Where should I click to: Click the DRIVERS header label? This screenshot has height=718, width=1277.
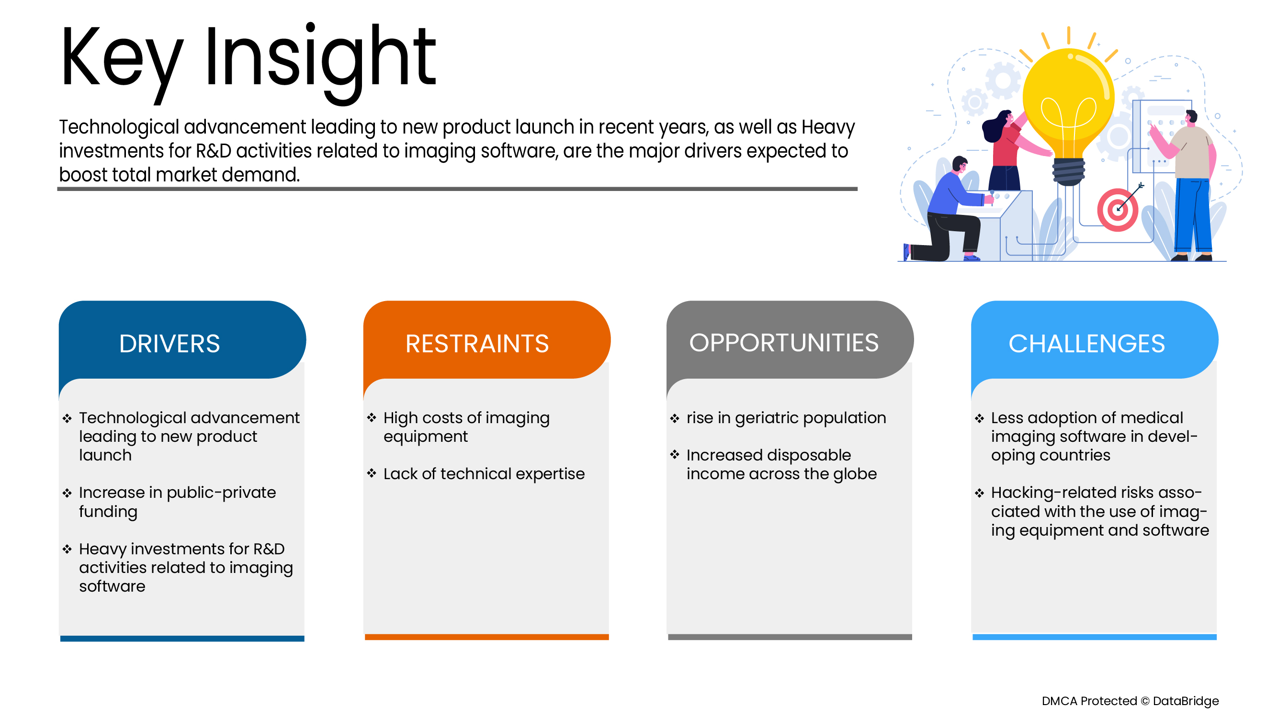point(170,344)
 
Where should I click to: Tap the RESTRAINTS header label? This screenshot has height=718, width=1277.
point(477,344)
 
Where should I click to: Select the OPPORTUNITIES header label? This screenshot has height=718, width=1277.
point(784,343)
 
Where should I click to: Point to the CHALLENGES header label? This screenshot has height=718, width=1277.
point(1086,344)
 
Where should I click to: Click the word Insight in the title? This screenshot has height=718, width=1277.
point(320,62)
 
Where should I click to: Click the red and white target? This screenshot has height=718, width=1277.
point(1118,210)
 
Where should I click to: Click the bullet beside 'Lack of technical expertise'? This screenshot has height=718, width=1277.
point(372,473)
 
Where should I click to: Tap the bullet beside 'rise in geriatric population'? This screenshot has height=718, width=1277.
point(675,418)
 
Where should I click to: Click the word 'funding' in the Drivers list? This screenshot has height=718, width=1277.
point(108,512)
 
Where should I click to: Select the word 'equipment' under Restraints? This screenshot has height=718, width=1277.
point(425,437)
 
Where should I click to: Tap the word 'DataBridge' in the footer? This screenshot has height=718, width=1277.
point(1185,701)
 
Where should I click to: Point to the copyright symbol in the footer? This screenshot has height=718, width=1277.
point(1145,701)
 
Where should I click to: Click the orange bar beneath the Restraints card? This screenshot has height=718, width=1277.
point(486,637)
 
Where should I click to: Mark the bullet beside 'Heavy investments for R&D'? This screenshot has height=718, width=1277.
point(67,549)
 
